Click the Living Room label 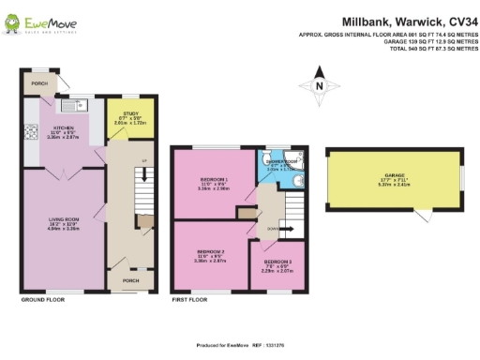pos(62,223)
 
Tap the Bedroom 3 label pos(276,265)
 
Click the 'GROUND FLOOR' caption pos(42,301)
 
